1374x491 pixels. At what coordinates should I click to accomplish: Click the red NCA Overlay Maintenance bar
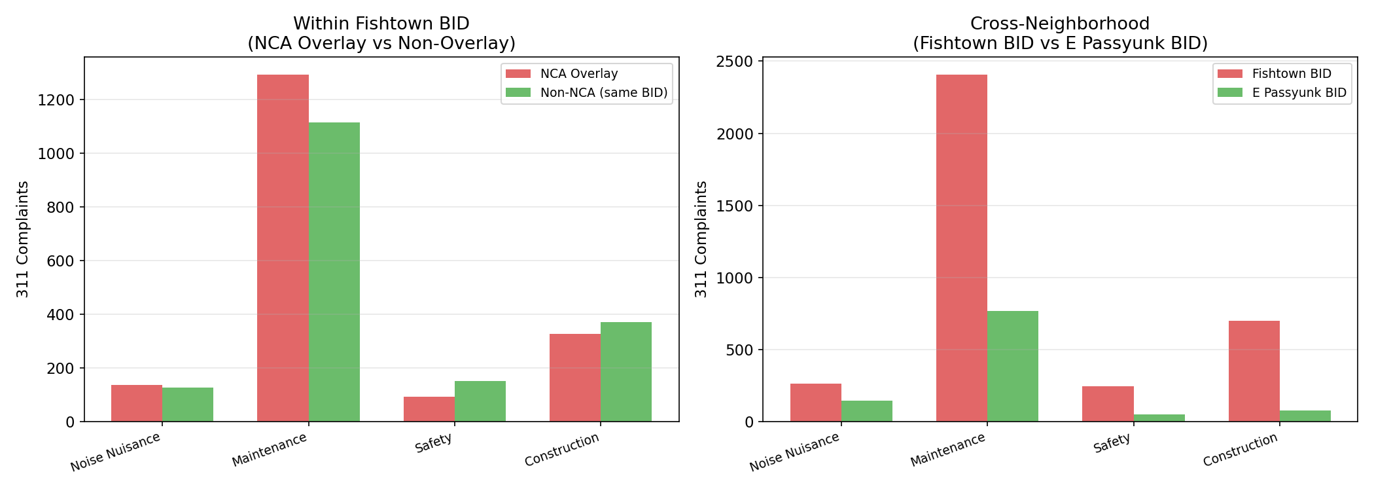[x=283, y=248]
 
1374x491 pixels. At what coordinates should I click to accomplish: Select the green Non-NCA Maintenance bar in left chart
[x=334, y=272]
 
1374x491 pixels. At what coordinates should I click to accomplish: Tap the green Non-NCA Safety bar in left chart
[x=480, y=401]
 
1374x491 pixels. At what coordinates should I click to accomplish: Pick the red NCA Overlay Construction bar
[x=574, y=378]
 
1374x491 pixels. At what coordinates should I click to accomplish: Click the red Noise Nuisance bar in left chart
[x=137, y=403]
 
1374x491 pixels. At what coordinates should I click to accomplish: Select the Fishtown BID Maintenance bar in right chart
[x=961, y=248]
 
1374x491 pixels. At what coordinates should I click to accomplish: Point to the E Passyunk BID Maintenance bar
[x=1013, y=366]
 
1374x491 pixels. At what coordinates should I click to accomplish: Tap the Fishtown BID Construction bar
[x=1254, y=371]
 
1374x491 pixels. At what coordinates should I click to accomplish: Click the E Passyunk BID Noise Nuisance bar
[x=867, y=411]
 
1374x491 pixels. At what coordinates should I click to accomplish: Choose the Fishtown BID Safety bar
[x=1108, y=404]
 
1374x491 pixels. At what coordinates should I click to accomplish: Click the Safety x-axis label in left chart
[x=433, y=444]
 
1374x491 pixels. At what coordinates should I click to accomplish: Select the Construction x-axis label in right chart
[x=1240, y=450]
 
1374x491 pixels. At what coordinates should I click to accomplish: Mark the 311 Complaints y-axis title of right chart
[x=701, y=239]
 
